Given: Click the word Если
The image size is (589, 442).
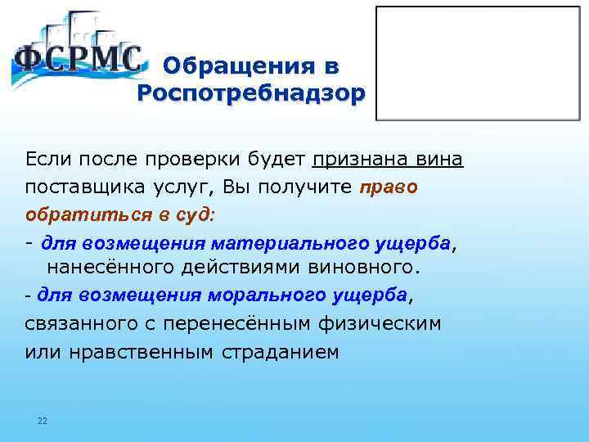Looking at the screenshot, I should coord(47,157).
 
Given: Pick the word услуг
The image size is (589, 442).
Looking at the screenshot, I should coord(179,187).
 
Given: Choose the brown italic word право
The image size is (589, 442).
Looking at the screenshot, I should coord(389,187).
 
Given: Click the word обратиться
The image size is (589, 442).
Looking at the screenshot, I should coord(73,215).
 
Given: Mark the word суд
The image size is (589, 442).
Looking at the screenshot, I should coord(193,215).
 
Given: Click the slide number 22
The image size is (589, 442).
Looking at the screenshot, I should coord(43,422).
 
